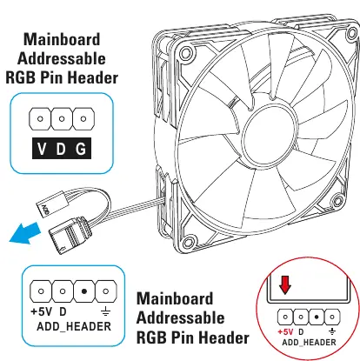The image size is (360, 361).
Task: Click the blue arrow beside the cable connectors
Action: [25, 233]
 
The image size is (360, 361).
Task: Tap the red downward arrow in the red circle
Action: [285, 285]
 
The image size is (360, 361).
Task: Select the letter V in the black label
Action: [42, 149]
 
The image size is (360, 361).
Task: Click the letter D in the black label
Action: [61, 149]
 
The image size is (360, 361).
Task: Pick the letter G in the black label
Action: [81, 149]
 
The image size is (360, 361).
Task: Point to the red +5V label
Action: [285, 332]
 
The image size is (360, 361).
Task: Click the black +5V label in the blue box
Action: [42, 312]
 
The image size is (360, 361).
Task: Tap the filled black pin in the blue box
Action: [84, 291]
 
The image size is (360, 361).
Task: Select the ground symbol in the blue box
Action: [105, 312]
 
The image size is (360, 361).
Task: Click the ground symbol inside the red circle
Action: [332, 331]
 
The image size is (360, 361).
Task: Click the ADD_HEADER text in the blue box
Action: [74, 327]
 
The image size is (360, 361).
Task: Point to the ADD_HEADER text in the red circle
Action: [309, 343]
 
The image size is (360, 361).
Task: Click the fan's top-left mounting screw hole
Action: [186, 53]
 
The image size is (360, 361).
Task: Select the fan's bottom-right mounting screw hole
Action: [337, 200]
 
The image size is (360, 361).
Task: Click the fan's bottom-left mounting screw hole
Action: [189, 241]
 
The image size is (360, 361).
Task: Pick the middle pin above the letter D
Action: [62, 118]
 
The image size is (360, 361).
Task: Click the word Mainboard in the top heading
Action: [62, 39]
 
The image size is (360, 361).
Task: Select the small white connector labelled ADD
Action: [50, 204]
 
